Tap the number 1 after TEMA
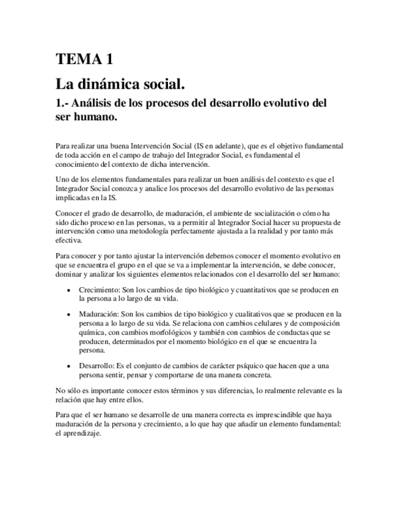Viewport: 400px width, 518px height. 109,59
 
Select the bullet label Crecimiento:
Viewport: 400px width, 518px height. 99,290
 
